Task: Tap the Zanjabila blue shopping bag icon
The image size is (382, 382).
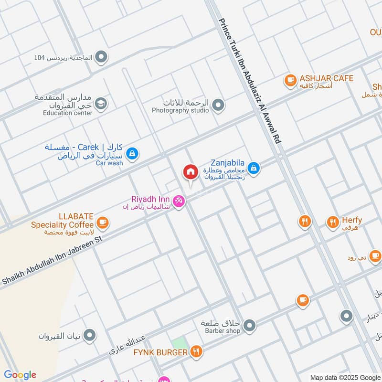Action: click(x=254, y=168)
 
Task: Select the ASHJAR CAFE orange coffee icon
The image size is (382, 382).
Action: click(x=290, y=82)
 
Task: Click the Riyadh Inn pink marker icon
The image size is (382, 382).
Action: click(x=179, y=202)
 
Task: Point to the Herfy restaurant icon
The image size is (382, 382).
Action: click(x=333, y=222)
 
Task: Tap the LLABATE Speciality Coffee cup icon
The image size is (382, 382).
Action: click(x=102, y=223)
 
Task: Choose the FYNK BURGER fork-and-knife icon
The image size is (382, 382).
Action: click(x=196, y=352)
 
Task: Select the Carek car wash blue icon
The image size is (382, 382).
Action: click(x=133, y=154)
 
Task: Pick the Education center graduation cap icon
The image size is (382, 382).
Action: click(x=101, y=103)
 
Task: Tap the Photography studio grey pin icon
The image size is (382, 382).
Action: click(x=218, y=105)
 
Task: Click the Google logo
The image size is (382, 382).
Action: click(x=20, y=374)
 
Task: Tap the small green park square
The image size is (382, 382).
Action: click(x=179, y=343)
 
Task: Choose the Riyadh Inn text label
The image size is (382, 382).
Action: click(x=150, y=199)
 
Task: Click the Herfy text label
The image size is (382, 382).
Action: click(x=352, y=220)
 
